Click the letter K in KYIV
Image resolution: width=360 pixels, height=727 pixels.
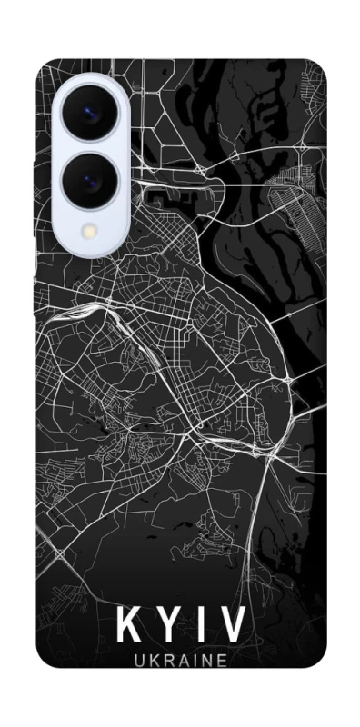pos(129,626)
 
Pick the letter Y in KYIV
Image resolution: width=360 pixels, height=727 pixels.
pos(170,626)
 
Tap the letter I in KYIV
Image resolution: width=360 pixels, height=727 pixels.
pos(202,626)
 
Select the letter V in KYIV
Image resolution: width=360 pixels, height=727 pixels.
pos(232,626)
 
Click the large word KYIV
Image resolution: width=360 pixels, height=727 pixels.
pos(181,626)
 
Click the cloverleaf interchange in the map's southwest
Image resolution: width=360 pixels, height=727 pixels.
pos(61,553)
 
